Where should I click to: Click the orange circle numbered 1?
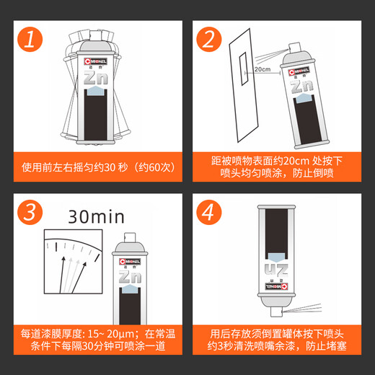[30, 39]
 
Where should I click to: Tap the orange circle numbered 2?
[209, 39]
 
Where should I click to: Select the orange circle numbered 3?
[30, 212]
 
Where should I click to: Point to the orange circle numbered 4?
[209, 212]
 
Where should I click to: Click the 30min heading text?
[97, 217]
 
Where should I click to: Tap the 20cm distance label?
[262, 69]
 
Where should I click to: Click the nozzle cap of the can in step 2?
[295, 48]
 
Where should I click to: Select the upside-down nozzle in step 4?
[276, 312]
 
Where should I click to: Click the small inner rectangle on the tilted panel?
[244, 69]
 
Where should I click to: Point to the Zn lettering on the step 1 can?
[96, 78]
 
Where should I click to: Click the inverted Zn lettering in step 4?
[276, 270]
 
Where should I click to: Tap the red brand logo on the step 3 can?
[130, 261]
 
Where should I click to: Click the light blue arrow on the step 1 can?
[95, 91]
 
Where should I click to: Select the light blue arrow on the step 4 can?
[276, 257]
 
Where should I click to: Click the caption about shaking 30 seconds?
[98, 167]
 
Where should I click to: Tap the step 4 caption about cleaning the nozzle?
[277, 340]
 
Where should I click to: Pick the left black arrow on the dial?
[62, 275]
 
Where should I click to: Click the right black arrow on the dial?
[79, 278]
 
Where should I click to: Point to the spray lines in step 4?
[302, 308]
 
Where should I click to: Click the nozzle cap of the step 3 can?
[130, 237]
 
